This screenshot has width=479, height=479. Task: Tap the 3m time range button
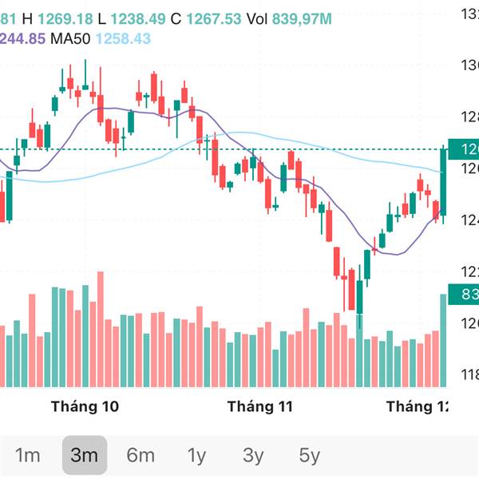84,456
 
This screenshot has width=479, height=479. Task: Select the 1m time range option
28,456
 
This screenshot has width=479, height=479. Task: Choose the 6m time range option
141,456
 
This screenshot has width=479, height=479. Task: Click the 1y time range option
196,456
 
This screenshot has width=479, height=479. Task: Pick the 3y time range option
253,456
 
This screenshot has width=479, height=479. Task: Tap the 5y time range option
310,456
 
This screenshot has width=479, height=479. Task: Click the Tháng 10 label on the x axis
85,406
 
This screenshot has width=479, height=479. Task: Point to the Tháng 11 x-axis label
260,406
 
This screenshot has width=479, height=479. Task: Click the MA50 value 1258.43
123,38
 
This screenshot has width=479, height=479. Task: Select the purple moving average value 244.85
22,38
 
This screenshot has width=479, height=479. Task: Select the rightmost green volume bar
444,340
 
